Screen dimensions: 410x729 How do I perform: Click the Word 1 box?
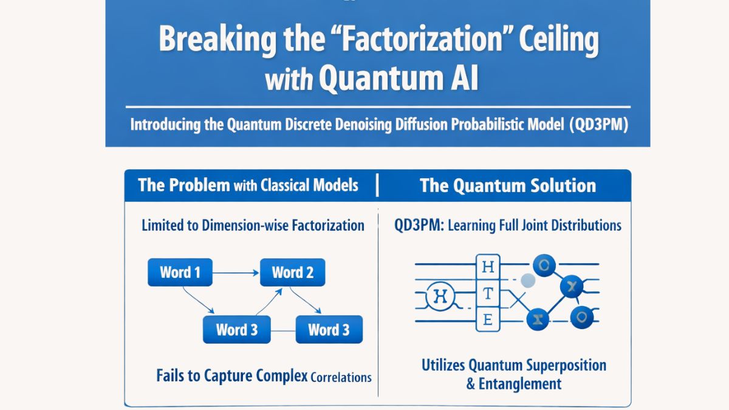(x=180, y=272)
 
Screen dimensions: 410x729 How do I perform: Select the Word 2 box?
(x=292, y=272)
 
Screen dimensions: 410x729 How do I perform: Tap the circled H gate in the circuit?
(x=438, y=297)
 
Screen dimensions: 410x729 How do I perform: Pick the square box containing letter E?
(x=487, y=319)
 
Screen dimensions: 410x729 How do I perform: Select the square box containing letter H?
(x=487, y=266)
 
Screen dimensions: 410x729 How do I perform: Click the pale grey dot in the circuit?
(x=528, y=280)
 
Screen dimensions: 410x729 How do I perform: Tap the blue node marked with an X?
(x=571, y=285)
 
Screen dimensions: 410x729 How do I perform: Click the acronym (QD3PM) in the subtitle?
(x=598, y=125)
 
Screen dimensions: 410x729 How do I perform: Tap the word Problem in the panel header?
(x=200, y=185)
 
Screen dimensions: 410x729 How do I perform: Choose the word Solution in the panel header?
(x=560, y=186)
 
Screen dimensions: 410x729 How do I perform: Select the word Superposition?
(x=558, y=365)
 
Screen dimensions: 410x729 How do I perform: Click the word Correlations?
(x=341, y=377)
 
